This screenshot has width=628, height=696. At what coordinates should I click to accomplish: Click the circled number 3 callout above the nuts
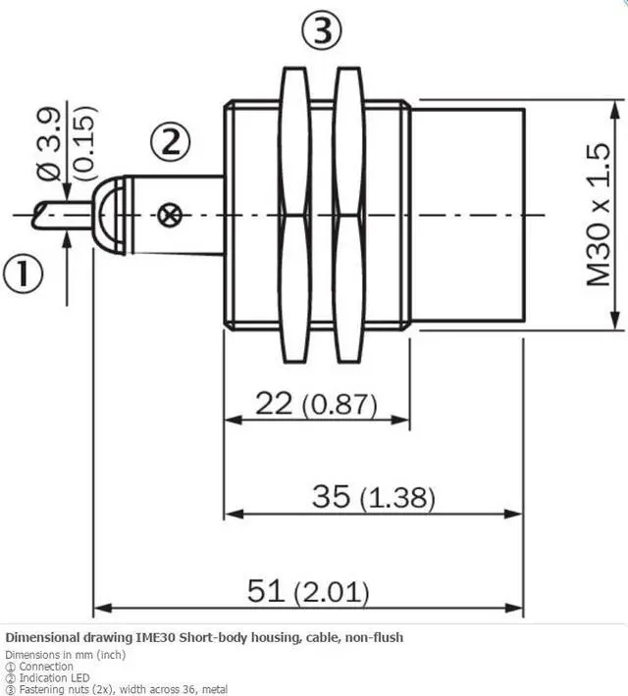[322, 30]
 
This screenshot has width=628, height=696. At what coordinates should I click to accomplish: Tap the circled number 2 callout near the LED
[170, 142]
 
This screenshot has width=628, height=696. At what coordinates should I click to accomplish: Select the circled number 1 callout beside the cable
[24, 273]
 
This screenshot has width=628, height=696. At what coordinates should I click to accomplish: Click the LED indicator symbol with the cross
[170, 216]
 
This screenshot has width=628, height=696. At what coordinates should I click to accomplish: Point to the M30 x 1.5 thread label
[599, 215]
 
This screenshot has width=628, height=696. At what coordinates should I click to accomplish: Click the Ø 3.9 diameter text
[49, 144]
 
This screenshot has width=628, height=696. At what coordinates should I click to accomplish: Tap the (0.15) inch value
[84, 143]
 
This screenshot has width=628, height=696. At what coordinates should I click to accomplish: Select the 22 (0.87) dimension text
[316, 404]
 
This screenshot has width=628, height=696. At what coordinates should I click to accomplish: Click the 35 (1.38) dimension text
[373, 497]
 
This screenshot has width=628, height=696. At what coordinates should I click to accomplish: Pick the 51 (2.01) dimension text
[308, 592]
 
